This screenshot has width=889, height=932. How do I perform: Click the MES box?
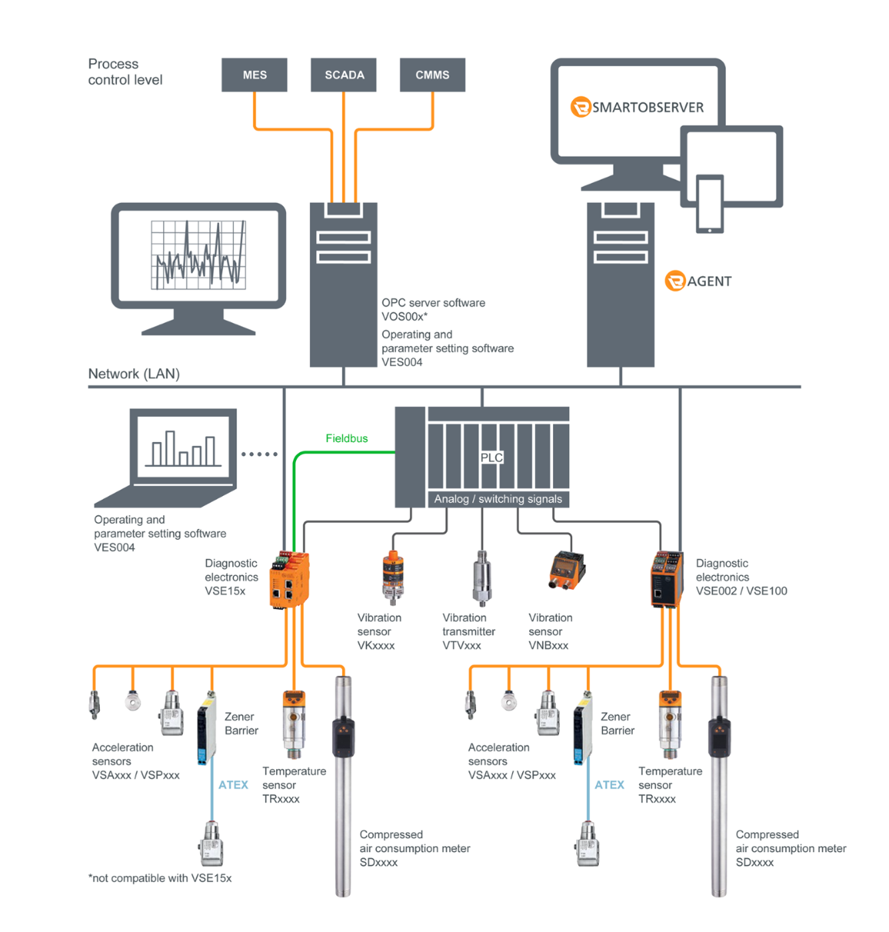pos(254,75)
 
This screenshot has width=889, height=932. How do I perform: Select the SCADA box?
pos(343,75)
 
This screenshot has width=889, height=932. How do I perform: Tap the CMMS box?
pos(433,75)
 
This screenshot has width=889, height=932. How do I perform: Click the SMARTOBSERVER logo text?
pos(647,107)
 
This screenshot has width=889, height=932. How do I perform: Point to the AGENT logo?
pos(699,281)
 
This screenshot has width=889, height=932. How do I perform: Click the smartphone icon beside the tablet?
pos(709,204)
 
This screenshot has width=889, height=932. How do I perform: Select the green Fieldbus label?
pos(347,438)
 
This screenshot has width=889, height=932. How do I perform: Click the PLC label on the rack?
pos(492,457)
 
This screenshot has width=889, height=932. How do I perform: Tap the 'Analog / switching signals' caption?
pos(498,499)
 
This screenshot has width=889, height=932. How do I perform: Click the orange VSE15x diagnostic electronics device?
pos(289,580)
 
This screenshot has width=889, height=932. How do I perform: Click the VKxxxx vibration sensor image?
pos(393,577)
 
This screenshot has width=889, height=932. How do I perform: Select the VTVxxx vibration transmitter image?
pos(482,577)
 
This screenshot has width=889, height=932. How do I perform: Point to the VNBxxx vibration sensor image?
pos(567,571)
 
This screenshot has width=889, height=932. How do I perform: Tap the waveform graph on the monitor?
pos(198,256)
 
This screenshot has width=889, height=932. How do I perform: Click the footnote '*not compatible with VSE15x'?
pos(160,878)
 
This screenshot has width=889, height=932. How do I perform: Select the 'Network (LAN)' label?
pos(134,373)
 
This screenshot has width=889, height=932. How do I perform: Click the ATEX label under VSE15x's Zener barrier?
pos(233,785)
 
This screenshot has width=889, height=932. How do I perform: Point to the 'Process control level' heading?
pos(125,72)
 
